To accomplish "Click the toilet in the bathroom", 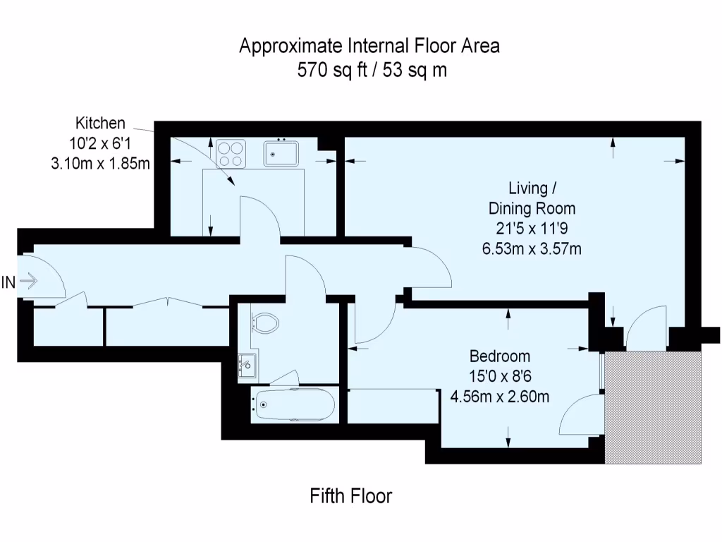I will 266,323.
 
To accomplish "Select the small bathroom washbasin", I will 246,365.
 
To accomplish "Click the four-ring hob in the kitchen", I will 231,153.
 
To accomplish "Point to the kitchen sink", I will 281,152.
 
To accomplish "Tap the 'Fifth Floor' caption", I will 350,496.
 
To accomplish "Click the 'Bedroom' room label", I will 500,356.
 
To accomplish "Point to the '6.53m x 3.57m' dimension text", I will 532,248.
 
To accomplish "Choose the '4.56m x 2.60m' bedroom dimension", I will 500,396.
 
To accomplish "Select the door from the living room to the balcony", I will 645,328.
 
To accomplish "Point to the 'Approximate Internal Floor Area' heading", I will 369,47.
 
